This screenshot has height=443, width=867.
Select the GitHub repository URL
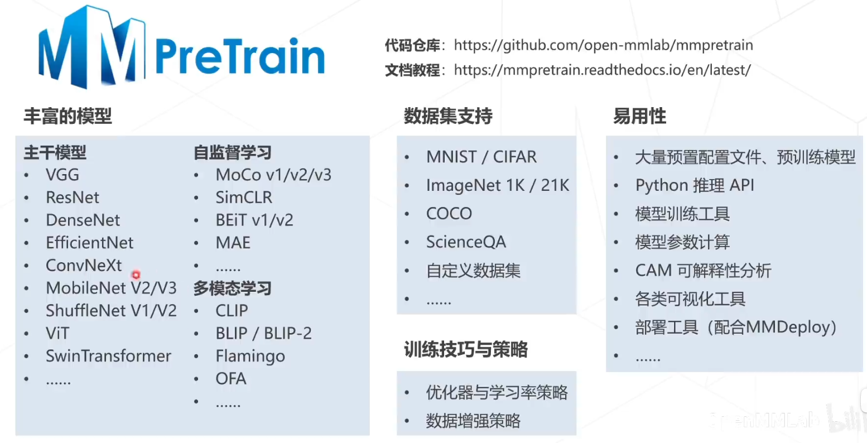(x=603, y=45)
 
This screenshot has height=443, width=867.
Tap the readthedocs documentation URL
(x=602, y=70)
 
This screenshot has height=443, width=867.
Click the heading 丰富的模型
(x=68, y=116)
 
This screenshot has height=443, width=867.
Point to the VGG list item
(x=62, y=175)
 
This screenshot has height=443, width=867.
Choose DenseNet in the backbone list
(x=83, y=220)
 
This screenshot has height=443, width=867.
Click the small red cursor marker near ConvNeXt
(x=136, y=275)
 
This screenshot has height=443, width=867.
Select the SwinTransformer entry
(x=108, y=356)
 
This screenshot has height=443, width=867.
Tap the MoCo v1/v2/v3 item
(x=273, y=175)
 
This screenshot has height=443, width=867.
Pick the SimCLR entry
(x=244, y=198)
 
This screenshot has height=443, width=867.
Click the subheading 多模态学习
(x=232, y=288)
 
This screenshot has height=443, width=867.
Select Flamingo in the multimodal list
(x=250, y=356)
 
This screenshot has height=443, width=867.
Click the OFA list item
(x=231, y=379)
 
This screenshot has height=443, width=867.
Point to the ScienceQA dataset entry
(x=466, y=242)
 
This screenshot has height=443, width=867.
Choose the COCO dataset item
(x=449, y=214)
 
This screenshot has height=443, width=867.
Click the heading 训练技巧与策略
(x=465, y=350)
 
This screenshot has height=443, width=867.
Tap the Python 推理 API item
(x=695, y=185)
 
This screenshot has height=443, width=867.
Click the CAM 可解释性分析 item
(x=703, y=271)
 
